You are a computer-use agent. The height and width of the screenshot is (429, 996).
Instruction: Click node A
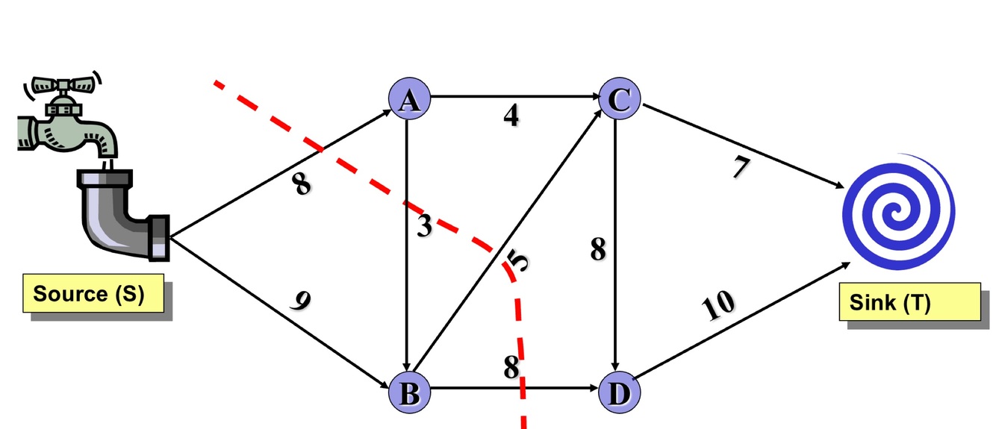[x=407, y=99]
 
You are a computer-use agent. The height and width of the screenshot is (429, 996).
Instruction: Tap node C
[x=620, y=99]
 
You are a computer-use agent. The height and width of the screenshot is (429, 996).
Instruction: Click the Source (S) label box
[x=91, y=295]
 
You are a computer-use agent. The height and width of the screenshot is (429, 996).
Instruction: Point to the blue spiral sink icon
[x=898, y=211]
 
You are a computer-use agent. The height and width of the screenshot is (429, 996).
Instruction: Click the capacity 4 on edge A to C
[x=511, y=117]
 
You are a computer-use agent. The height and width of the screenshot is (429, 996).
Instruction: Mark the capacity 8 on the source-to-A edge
[x=301, y=184]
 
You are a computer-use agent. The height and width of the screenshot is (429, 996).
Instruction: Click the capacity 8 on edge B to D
[x=511, y=367]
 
